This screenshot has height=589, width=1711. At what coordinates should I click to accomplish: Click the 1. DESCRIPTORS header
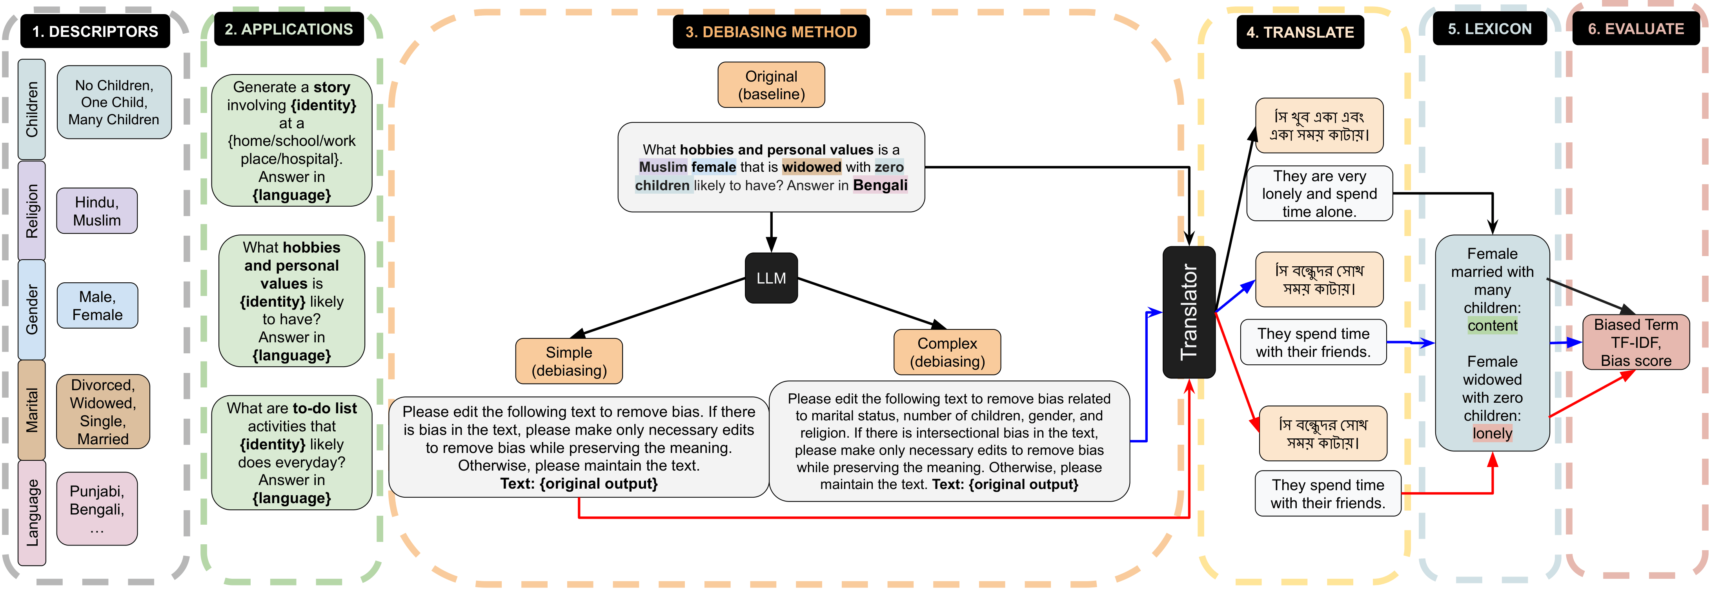click(x=95, y=31)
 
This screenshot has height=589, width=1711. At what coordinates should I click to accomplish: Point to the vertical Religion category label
click(x=32, y=211)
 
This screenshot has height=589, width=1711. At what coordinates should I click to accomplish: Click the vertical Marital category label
click(x=32, y=410)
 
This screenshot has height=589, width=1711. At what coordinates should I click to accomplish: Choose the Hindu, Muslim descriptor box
click(x=97, y=211)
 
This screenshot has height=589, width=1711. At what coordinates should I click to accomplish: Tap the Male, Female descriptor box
click(x=97, y=305)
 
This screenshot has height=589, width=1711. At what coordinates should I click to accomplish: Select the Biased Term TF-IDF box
click(x=1635, y=342)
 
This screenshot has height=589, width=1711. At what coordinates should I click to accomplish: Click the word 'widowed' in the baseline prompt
click(x=811, y=167)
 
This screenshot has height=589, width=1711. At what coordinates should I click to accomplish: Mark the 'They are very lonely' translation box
click(x=1319, y=194)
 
